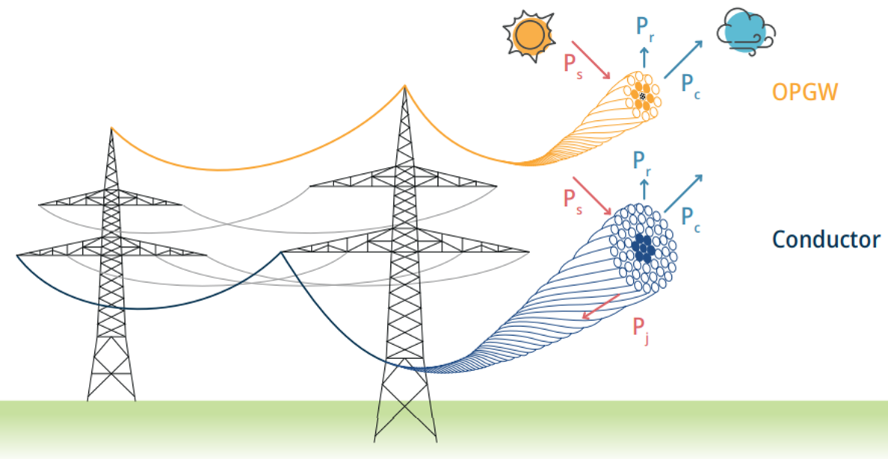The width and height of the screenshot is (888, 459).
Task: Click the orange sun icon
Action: point(529,34)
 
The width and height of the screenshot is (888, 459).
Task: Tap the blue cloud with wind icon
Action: point(744,34)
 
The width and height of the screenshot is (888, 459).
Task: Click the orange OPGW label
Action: point(805,92)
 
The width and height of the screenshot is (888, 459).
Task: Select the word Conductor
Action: point(826,240)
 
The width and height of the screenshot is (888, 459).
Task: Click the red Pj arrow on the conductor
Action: point(601,306)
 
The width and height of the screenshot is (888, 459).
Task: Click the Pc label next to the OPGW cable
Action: point(691,84)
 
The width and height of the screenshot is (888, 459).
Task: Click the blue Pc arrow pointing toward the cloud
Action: point(683,58)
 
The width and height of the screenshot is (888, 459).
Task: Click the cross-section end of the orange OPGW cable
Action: point(643,96)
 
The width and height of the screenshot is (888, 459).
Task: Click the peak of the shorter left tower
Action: point(111,129)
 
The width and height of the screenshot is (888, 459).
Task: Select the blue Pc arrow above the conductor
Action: point(683,193)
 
